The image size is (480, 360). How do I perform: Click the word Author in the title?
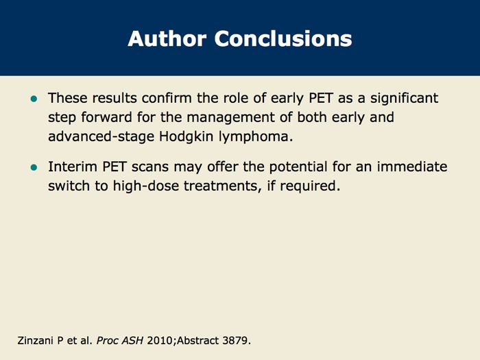click(167, 38)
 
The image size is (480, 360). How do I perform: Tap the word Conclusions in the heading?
click(283, 38)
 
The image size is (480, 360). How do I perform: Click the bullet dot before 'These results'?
click(34, 99)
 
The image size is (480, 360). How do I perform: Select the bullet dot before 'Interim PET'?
click(34, 167)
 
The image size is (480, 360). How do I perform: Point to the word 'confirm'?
click(167, 98)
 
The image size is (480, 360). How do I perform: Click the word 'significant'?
click(404, 99)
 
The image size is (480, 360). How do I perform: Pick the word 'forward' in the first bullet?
click(106, 117)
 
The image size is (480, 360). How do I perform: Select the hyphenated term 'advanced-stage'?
click(101, 136)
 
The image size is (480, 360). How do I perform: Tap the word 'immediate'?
click(412, 167)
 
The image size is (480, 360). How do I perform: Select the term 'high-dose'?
click(145, 186)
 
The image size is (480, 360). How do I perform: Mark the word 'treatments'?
click(223, 187)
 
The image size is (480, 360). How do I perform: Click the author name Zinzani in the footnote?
click(35, 340)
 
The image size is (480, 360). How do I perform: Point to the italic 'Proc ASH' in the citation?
click(120, 340)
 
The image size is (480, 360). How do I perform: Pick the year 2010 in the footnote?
click(160, 340)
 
